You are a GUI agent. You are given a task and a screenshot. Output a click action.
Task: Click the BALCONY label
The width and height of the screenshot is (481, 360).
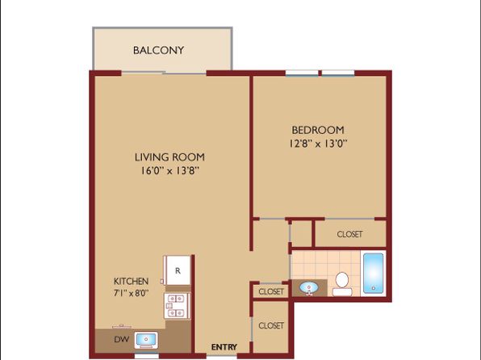point(158,50)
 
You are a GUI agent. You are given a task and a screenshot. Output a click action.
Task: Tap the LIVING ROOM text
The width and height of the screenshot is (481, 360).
point(169,157)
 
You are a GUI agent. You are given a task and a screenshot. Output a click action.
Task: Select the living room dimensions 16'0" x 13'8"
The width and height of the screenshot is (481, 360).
point(170,170)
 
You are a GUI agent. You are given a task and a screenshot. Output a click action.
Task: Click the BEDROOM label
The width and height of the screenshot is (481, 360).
point(318,130)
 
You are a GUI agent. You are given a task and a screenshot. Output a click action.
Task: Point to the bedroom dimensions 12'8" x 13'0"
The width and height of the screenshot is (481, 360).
point(318,144)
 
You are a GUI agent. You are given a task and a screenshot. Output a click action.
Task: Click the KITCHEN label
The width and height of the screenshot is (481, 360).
point(131,281)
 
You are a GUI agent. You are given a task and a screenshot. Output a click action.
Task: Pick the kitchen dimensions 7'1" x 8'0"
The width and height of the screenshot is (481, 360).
point(131,293)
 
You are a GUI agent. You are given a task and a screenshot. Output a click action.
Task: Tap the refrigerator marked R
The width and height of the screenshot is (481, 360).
point(178,270)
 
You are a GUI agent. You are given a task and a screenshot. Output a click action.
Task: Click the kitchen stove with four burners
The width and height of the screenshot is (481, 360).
point(177,306)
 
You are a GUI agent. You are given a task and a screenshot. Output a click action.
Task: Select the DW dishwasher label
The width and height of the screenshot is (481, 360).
point(122,339)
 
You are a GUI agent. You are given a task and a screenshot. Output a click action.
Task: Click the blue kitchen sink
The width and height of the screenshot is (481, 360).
point(146,340)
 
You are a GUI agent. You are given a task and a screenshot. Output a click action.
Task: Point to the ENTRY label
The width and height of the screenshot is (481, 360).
point(224,347)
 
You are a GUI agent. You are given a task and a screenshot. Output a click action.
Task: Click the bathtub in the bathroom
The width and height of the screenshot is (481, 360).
point(374,273)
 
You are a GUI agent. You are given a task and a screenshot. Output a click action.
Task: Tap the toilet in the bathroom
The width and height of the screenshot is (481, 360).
point(342,284)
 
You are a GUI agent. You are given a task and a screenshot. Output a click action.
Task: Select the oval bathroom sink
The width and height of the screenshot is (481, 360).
point(309,288)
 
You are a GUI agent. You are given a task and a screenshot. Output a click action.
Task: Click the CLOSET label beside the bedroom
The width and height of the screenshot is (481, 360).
point(349,234)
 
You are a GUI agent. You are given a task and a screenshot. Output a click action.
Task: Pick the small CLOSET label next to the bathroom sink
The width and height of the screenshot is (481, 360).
point(271,291)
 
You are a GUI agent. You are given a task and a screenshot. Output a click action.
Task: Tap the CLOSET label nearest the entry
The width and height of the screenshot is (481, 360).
point(271,325)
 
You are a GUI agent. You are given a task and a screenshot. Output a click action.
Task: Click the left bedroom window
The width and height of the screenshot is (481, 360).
point(302,73)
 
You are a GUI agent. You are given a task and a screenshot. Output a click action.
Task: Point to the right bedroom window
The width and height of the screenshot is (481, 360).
point(338,73)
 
